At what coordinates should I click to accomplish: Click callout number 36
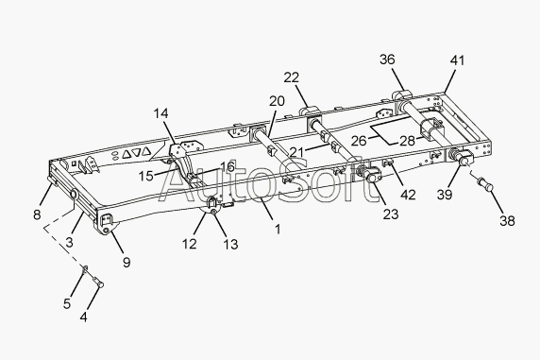point(387,60)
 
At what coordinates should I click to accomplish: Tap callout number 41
point(457,60)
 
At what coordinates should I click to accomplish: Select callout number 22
point(292,77)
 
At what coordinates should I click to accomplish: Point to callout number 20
point(277,101)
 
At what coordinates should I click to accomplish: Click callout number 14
point(160,113)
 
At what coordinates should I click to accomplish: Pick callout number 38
point(507,220)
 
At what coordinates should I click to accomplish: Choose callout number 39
point(445,195)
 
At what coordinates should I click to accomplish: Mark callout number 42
point(408,195)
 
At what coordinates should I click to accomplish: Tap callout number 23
point(391,214)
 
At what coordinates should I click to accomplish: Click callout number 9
point(127,263)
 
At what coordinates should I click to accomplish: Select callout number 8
point(37,214)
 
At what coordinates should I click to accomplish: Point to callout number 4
point(84,317)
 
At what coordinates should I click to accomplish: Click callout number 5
point(67,303)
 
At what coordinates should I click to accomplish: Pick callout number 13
point(230,244)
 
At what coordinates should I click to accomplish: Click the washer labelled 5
point(85,268)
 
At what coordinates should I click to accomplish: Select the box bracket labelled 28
point(430,129)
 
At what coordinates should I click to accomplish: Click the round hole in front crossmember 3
point(74,194)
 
